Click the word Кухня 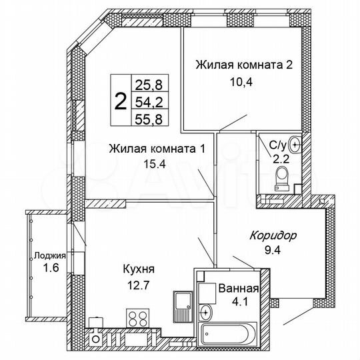pos(139,269)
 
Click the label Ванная pos(239,289)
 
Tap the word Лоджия pos(51,255)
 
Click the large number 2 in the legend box pos(120,102)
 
